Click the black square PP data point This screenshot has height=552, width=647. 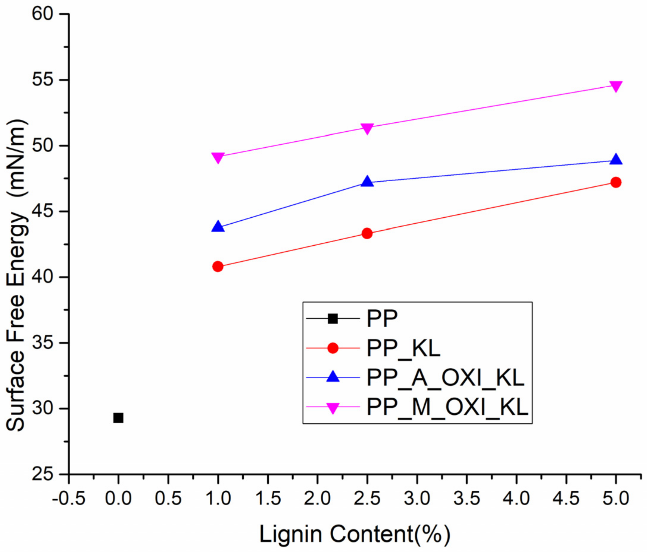tap(118, 417)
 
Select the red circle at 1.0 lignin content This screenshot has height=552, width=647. tap(218, 266)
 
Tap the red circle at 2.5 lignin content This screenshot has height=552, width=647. tap(367, 233)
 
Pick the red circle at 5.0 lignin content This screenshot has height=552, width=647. tap(615, 182)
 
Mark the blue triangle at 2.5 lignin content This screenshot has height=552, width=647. tap(367, 182)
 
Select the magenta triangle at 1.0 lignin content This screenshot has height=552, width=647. tap(218, 157)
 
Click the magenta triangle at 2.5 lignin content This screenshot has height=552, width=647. tap(367, 128)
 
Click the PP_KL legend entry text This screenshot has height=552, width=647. tap(403, 348)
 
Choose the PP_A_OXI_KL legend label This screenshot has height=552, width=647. tap(445, 378)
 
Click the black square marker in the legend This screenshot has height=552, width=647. tap(332, 319)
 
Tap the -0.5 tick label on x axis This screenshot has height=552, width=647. tap(69, 498)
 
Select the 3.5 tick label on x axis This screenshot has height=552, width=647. tap(466, 498)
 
